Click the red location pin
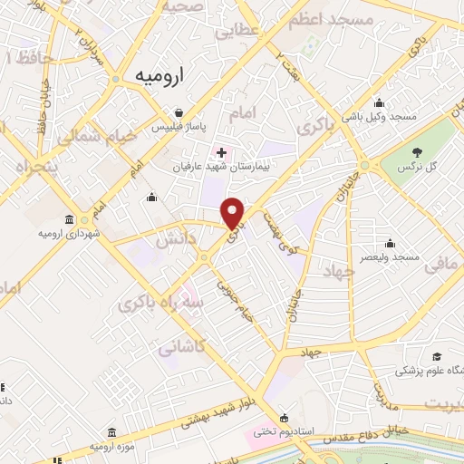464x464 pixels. [x=234, y=212]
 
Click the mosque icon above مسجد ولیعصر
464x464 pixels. [x=390, y=242]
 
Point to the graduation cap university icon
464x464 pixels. [x=436, y=356]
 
